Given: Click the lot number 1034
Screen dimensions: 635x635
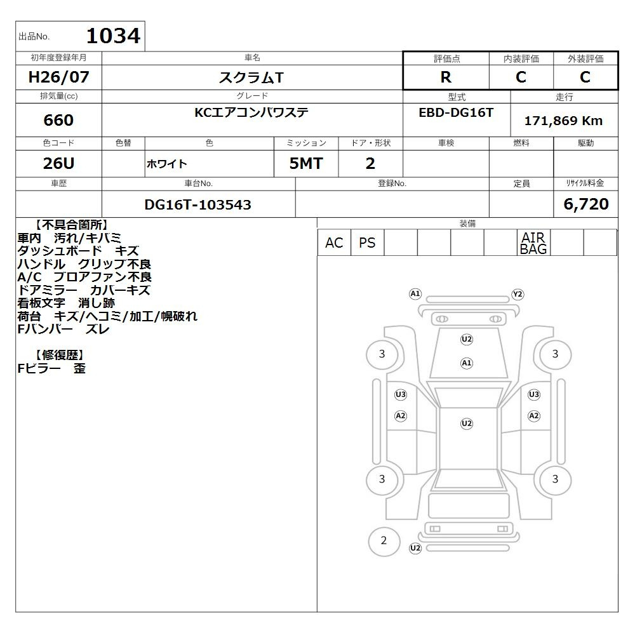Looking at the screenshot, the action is click(x=114, y=36).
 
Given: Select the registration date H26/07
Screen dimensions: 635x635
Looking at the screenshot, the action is click(x=58, y=77).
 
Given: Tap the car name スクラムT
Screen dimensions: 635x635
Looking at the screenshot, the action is click(x=251, y=77).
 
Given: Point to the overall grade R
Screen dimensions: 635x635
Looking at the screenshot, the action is click(x=446, y=77).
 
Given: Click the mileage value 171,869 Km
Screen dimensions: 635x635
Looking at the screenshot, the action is click(x=563, y=120).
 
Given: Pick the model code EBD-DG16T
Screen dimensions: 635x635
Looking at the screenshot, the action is click(x=456, y=112).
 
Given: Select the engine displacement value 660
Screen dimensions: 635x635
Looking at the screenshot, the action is click(x=58, y=120).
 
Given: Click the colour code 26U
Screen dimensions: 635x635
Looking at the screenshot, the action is click(x=58, y=163).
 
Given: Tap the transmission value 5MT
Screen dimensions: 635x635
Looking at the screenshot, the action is click(x=306, y=163).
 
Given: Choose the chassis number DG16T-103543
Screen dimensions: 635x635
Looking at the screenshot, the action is click(x=197, y=204).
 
